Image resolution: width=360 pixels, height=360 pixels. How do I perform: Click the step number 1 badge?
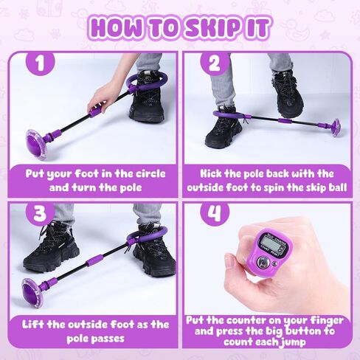tap(40, 63)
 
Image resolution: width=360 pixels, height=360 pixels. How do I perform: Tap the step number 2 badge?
tap(215, 63)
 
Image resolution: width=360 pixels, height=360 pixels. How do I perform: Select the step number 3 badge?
tap(40, 213)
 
